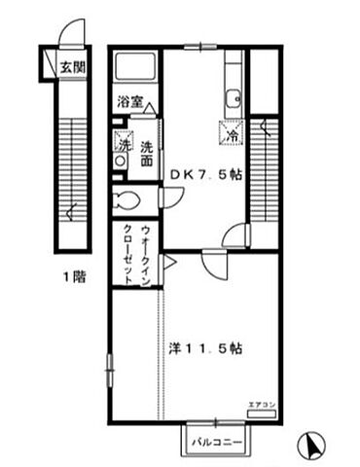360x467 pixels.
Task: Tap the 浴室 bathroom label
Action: coord(130,100)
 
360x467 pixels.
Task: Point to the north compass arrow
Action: coord(313,446)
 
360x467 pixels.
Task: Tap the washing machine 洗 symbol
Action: coord(123,141)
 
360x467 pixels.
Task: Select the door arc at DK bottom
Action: coord(235,235)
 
